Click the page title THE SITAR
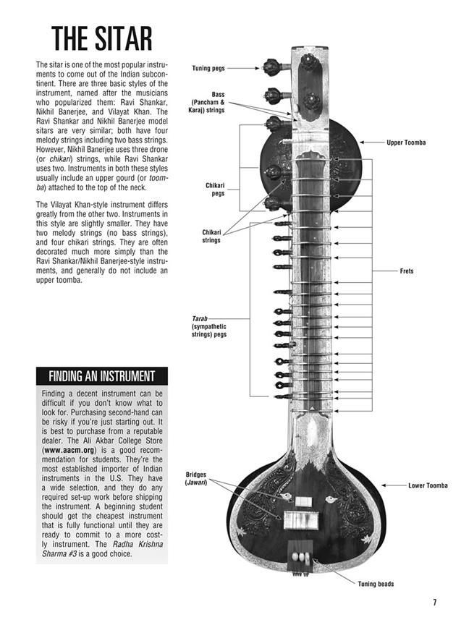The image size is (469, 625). coord(101,40)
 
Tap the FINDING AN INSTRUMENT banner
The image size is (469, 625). coord(101,376)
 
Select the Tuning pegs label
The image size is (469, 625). coord(208,69)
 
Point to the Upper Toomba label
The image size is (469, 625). coord(406,143)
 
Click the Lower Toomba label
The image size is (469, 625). coord(428,485)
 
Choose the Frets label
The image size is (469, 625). coord(407,271)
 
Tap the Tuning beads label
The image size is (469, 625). coord(376,584)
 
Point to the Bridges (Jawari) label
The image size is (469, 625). coord(197,479)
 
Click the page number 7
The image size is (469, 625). coord(435,602)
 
